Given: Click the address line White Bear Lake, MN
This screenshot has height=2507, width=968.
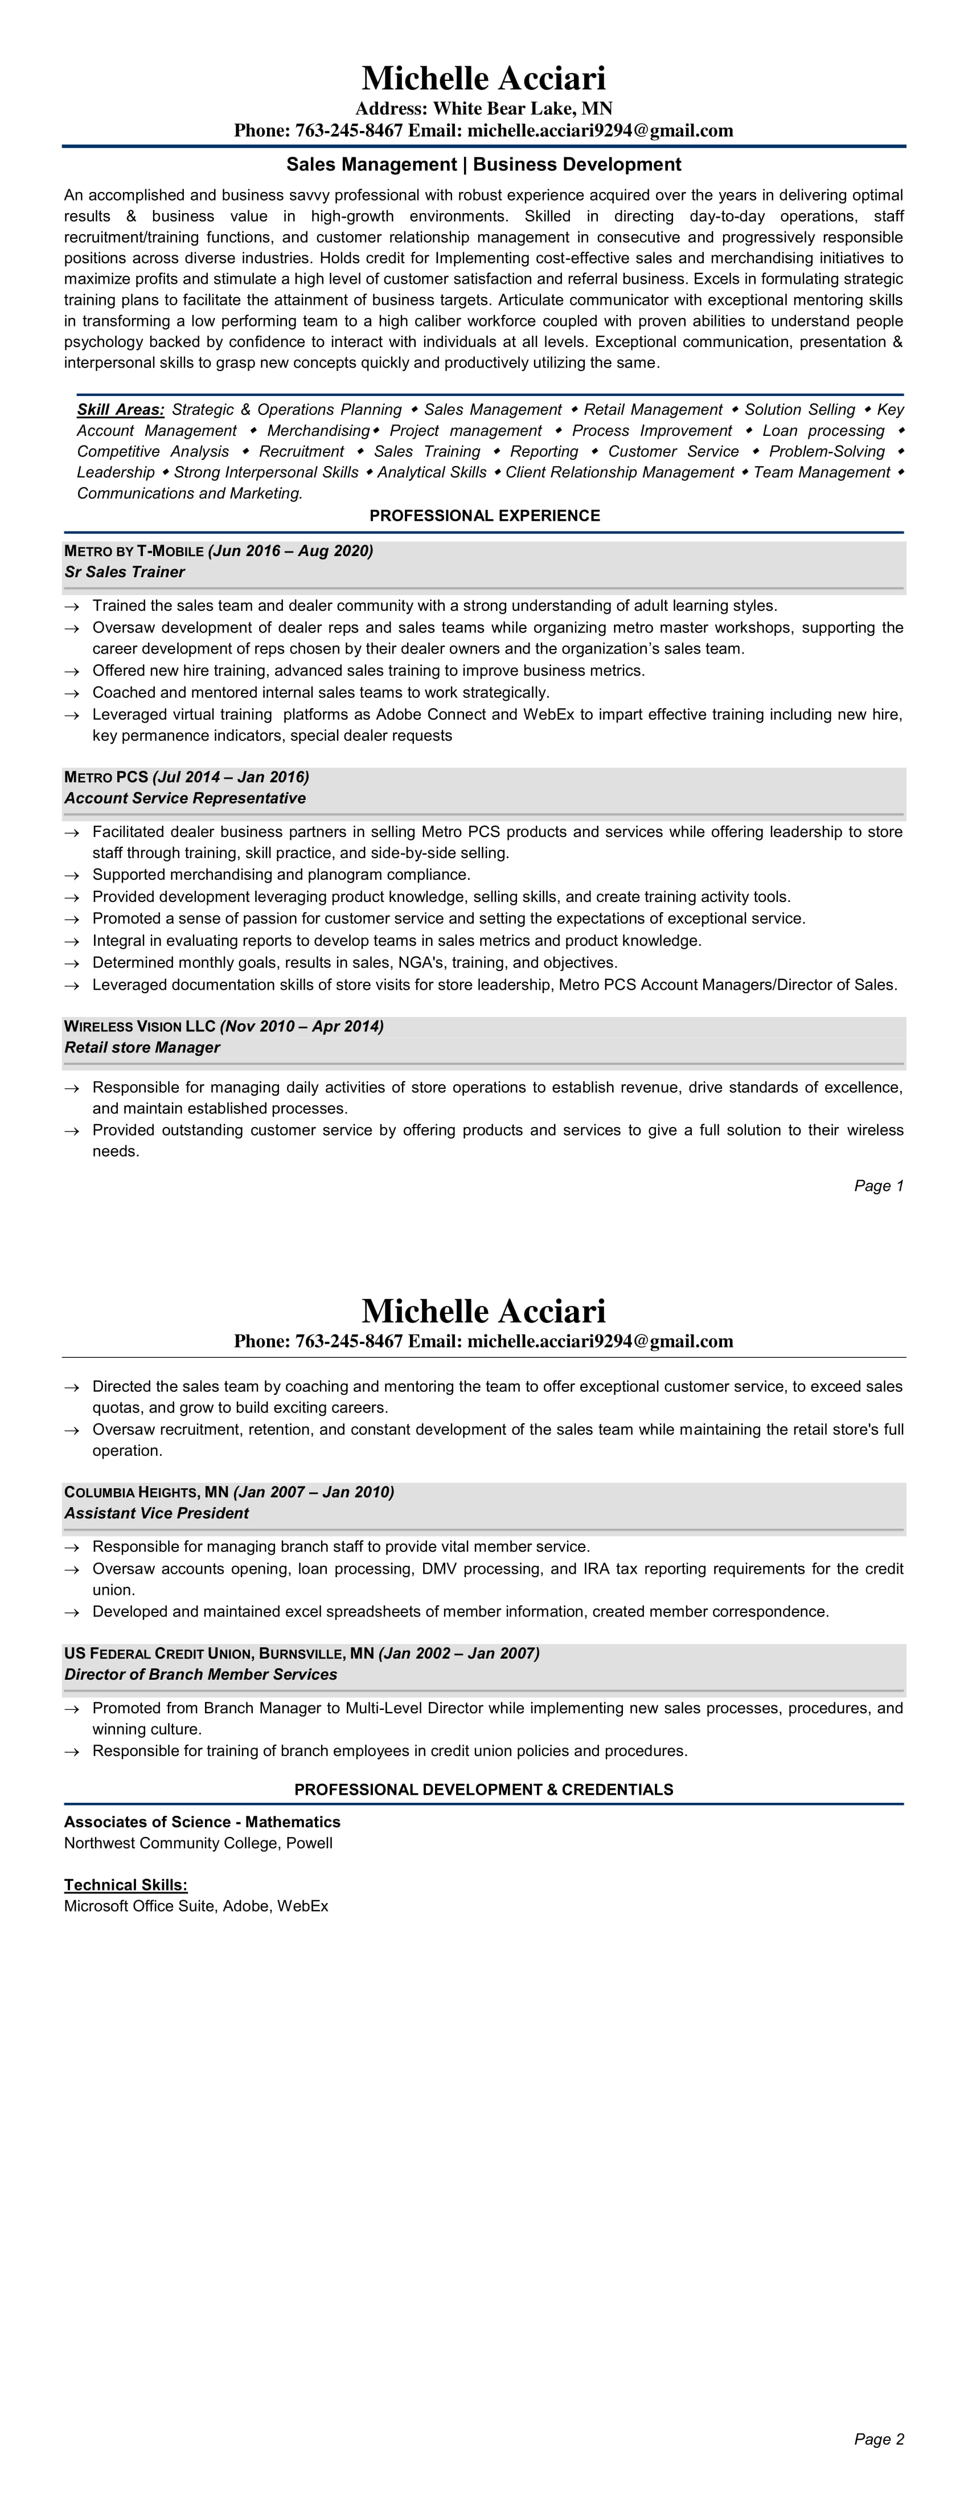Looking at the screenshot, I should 483,109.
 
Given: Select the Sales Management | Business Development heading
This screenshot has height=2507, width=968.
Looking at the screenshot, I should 483,165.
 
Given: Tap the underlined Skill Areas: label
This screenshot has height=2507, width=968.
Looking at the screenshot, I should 121,410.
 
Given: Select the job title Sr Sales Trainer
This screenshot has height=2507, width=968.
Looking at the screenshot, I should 125,572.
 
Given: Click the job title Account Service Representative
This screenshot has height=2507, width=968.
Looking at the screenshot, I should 185,798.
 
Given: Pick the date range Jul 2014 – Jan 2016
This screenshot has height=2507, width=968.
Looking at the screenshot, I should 231,777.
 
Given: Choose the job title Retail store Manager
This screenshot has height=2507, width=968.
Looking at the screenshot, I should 142,1048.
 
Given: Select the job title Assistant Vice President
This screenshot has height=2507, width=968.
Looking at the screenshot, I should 157,1513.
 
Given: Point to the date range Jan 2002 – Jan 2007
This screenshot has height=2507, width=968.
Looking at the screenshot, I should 459,1653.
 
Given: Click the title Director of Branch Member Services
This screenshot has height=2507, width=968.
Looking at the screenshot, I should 200,1675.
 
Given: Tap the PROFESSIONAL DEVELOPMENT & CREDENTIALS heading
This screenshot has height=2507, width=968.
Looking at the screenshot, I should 483,1790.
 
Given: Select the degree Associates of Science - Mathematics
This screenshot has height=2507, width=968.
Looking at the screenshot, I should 202,1822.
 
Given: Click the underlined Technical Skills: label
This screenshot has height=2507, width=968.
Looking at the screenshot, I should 125,1885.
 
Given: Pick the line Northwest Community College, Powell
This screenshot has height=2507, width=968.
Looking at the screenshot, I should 199,1843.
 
